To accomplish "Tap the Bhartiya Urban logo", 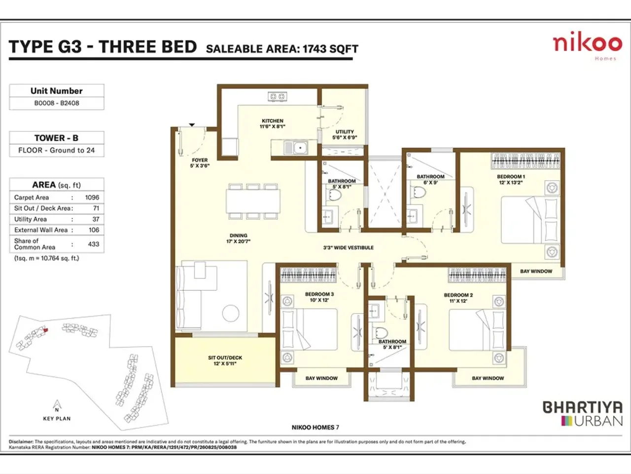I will pos(583,414).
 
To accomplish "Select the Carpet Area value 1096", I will pos(92,197).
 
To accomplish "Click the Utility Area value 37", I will pos(96,219).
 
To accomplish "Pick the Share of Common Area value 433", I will pos(93,244).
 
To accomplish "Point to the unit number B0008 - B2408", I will pos(57,103).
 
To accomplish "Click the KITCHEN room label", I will pos(272,121).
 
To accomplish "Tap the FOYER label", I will pos(200,160).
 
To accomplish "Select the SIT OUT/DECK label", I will pos(225,358).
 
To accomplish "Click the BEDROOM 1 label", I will pos(511,177).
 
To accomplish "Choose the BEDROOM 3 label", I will pos(319,294).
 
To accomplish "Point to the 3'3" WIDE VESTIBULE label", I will pos(348,248).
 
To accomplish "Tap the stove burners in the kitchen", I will pos(277,97).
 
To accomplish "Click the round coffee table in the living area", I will pos(230,313).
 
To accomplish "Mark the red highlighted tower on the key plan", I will pos(45,329).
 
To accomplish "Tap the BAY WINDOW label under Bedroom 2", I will pos(488,378).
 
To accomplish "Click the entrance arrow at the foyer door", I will pos(192,125).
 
